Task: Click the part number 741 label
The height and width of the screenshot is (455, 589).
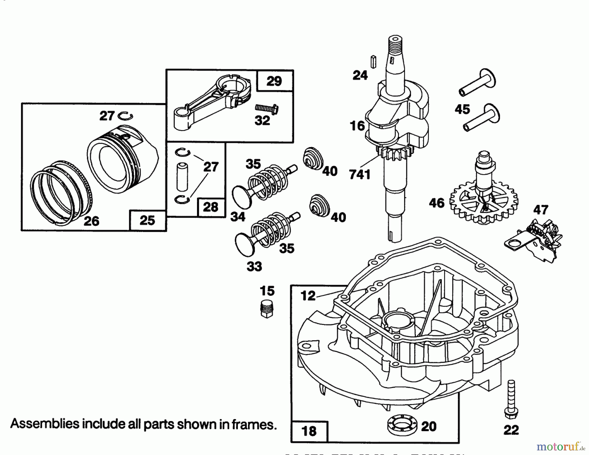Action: click(x=360, y=175)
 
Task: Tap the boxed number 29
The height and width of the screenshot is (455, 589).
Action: click(x=274, y=81)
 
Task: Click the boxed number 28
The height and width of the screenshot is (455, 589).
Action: click(x=210, y=207)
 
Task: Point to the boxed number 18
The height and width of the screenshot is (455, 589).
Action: click(x=309, y=431)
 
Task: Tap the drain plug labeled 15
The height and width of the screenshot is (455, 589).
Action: click(x=267, y=309)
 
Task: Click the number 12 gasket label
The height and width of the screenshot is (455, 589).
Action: click(x=308, y=295)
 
